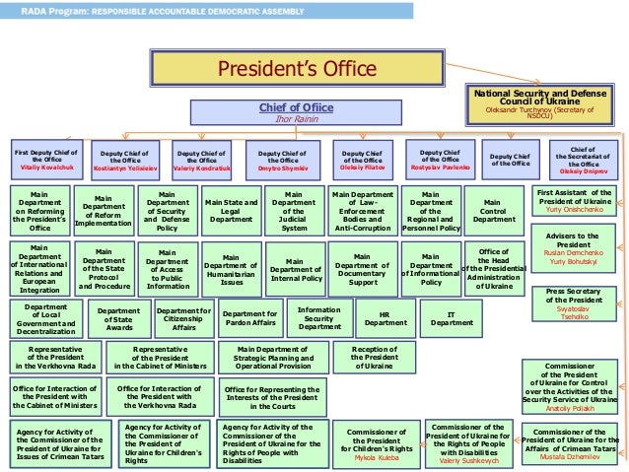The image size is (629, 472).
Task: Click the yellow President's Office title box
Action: click(x=297, y=69)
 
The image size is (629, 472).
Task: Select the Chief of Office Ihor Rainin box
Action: click(x=297, y=112)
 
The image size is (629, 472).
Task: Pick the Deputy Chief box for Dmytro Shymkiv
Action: click(x=282, y=160)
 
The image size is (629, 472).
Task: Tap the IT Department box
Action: click(x=453, y=317)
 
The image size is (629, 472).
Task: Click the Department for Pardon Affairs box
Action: click(x=250, y=318)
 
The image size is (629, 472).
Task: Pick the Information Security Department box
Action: click(x=319, y=318)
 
